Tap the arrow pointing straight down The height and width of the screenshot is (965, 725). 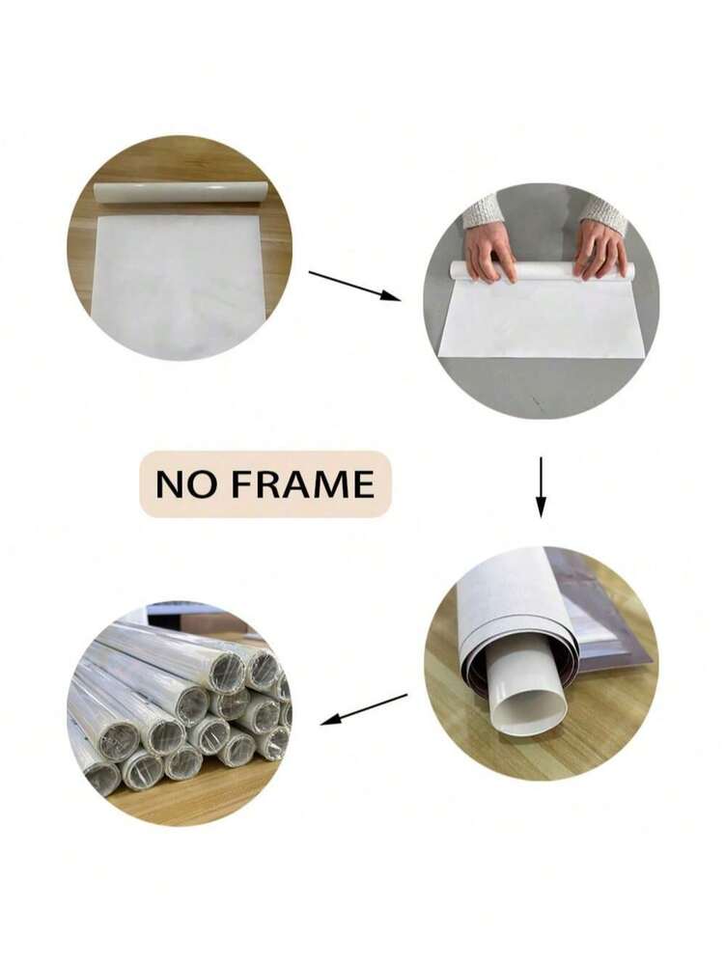pyautogui.click(x=541, y=486)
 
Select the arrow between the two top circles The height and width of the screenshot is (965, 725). pyautogui.click(x=354, y=287)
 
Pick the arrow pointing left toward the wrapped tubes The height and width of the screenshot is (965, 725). pyautogui.click(x=364, y=709)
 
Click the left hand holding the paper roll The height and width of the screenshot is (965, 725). pyautogui.click(x=489, y=251)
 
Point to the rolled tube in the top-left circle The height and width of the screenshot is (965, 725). pyautogui.click(x=182, y=191)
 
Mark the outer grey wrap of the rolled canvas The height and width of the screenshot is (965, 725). pyautogui.click(x=514, y=609)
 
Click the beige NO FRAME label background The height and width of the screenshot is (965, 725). pyautogui.click(x=265, y=483)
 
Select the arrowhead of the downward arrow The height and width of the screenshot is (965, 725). pyautogui.click(x=541, y=509)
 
